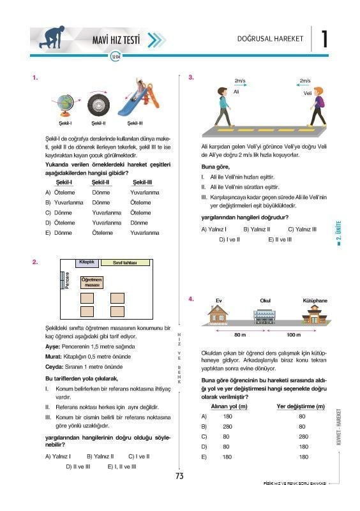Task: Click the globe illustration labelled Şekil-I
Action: point(65,105)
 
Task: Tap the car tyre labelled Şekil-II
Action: point(98,105)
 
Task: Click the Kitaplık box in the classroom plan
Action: point(87,263)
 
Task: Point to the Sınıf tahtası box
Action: point(125,262)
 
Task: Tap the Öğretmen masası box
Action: point(92,283)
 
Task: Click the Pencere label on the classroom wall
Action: point(67,280)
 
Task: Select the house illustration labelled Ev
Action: point(218,315)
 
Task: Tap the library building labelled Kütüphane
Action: point(313,315)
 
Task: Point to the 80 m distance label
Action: point(240,335)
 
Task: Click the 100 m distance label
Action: point(294,335)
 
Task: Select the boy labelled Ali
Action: point(223,107)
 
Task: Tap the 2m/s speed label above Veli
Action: point(305,80)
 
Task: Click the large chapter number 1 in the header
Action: point(324,39)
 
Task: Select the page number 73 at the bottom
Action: point(179,476)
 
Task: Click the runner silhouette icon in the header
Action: point(52,37)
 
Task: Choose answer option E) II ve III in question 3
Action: point(280,239)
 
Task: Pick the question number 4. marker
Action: point(191,299)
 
